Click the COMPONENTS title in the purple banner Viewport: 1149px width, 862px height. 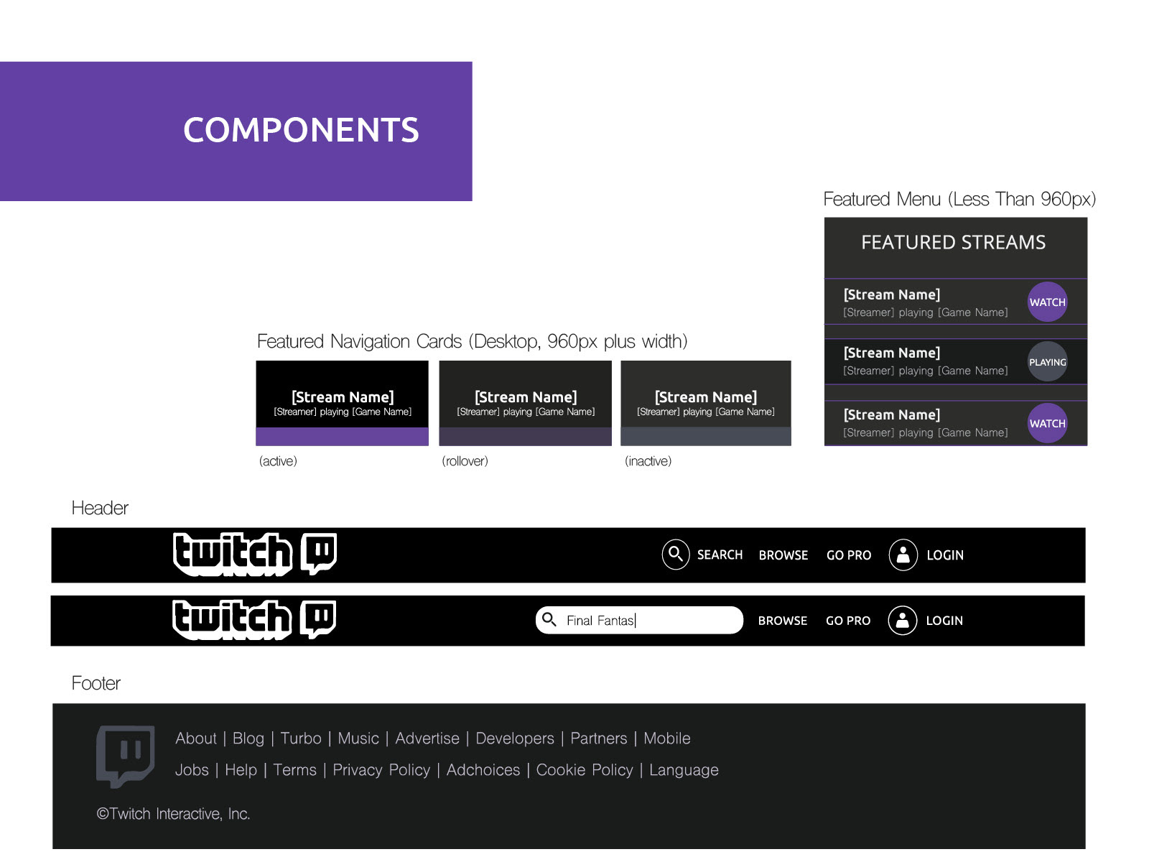[301, 130]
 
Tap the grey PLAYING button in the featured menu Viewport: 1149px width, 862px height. [1047, 362]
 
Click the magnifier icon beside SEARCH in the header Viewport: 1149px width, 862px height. [675, 555]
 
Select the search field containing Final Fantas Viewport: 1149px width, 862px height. [639, 620]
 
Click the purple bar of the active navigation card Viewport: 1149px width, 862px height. [342, 437]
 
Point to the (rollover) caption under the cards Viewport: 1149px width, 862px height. [465, 461]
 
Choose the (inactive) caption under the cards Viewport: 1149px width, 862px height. [648, 461]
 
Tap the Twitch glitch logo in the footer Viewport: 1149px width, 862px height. [126, 755]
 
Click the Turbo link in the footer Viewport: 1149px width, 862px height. [301, 738]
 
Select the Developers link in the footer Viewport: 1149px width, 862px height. [515, 738]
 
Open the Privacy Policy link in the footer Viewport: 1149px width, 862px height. [381, 770]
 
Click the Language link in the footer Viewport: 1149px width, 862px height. [684, 770]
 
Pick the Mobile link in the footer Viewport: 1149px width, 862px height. [666, 738]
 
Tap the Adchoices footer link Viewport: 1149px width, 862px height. [483, 770]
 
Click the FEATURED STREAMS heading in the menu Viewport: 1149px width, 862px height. [953, 243]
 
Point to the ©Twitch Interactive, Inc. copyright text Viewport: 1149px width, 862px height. [173, 814]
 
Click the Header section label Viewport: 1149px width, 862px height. [100, 509]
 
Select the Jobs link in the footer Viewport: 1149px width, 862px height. [192, 770]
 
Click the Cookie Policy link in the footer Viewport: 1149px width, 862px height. [585, 770]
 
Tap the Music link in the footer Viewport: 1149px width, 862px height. [358, 738]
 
